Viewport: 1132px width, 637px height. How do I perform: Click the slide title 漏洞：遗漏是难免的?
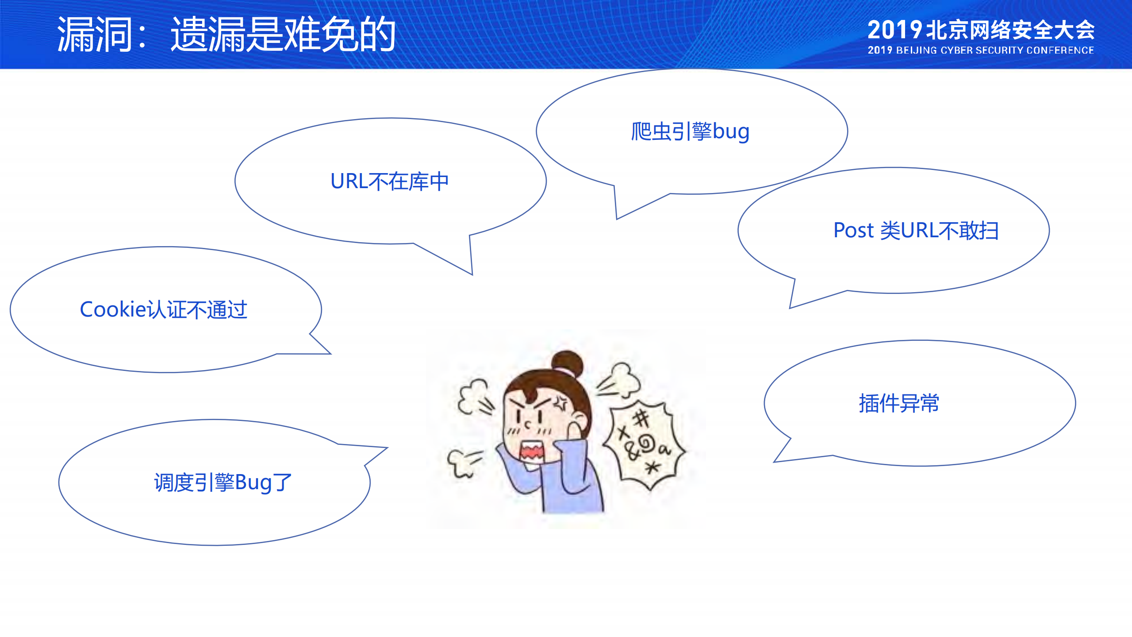click(226, 35)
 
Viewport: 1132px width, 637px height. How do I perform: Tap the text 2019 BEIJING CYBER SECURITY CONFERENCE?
click(980, 50)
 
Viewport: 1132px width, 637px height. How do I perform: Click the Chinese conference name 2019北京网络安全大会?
click(980, 30)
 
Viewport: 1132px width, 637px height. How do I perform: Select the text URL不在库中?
click(389, 181)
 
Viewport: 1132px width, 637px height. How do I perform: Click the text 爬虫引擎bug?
click(690, 132)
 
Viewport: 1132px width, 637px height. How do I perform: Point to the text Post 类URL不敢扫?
click(916, 231)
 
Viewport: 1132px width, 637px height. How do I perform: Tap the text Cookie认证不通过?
click(163, 309)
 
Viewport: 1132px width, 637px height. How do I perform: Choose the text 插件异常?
click(898, 403)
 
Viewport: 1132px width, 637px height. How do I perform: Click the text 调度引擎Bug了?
click(223, 483)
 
